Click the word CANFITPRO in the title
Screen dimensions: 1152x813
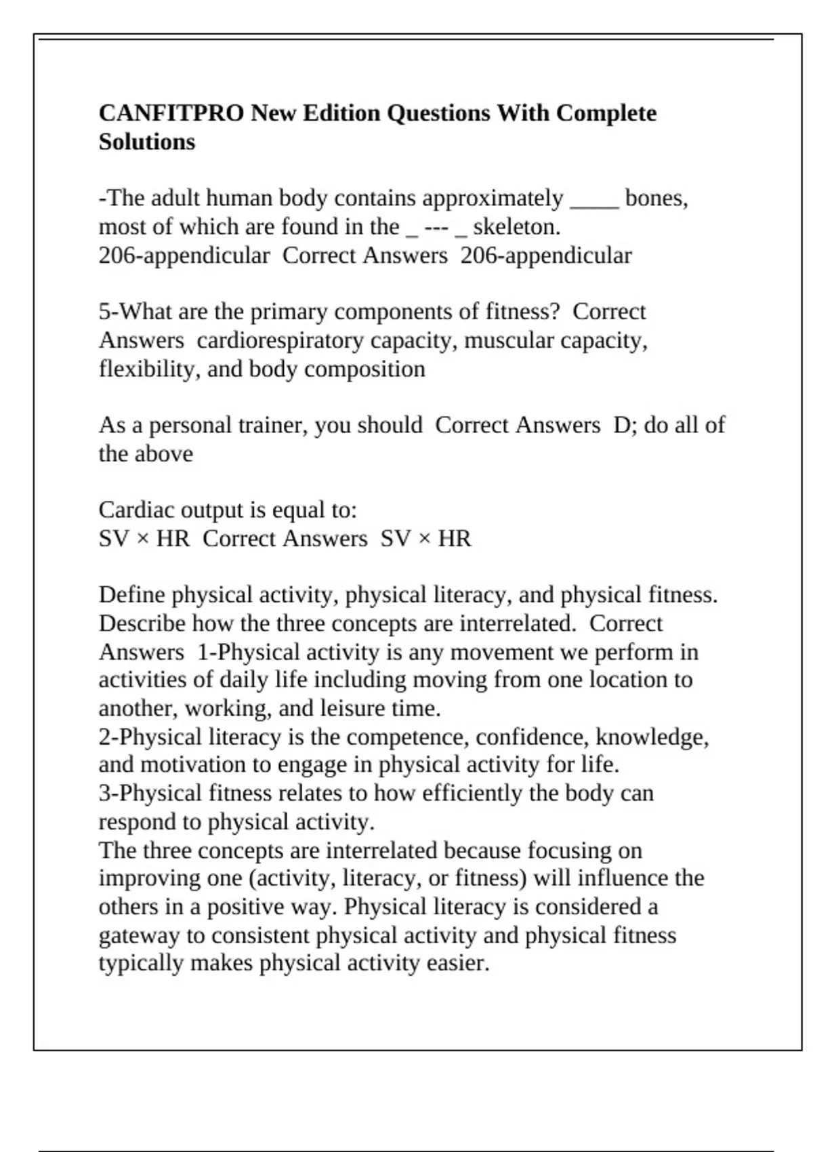point(171,112)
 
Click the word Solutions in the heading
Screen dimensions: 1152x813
point(146,142)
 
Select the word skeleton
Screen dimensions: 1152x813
point(516,227)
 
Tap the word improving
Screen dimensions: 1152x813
point(150,878)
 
